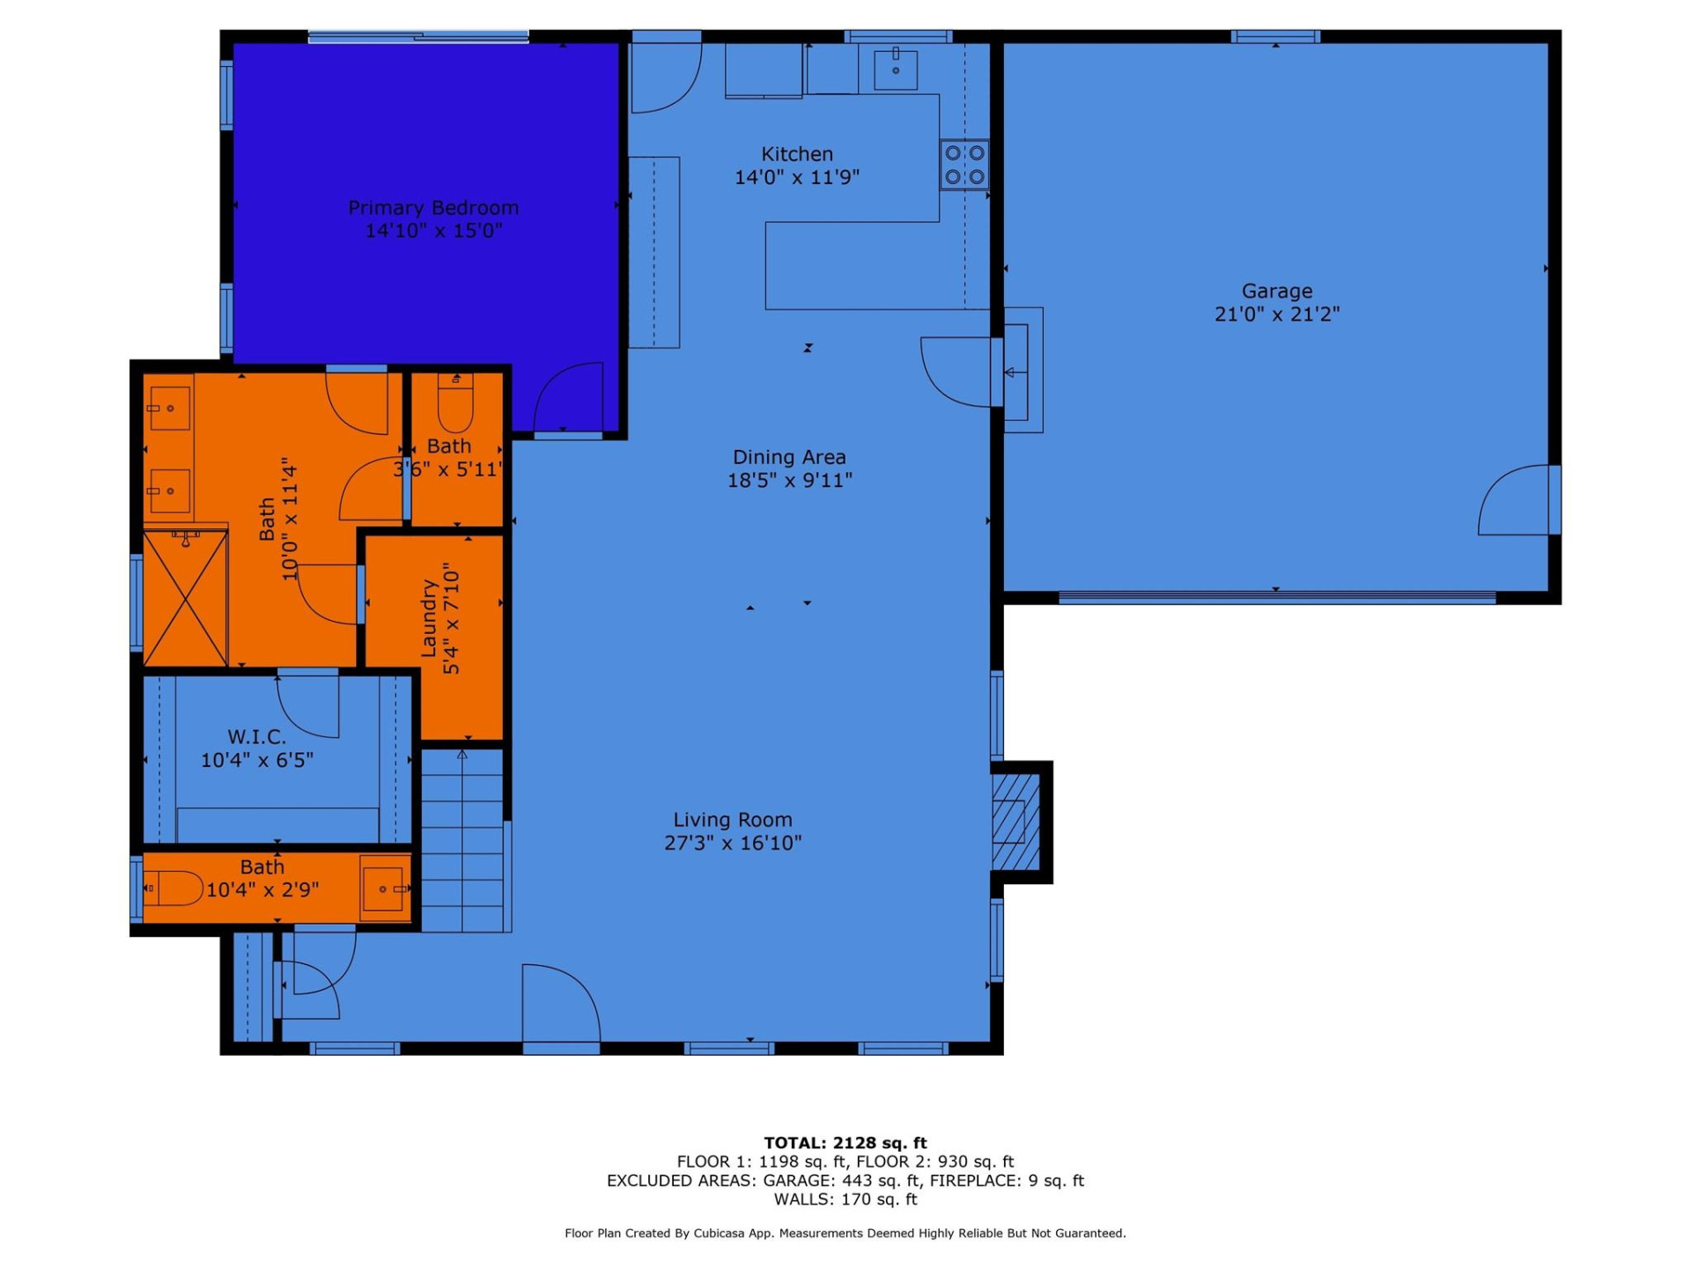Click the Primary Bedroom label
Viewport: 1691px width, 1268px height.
pyautogui.click(x=433, y=208)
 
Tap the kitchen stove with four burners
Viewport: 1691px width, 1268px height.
pyautogui.click(x=964, y=165)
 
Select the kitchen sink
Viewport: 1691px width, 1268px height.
pyautogui.click(x=896, y=70)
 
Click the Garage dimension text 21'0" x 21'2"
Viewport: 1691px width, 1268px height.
pyautogui.click(x=1276, y=314)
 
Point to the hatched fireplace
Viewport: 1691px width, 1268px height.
pyautogui.click(x=1015, y=822)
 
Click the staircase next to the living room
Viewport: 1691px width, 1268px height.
pyautogui.click(x=462, y=841)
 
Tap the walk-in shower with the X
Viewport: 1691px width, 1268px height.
pyautogui.click(x=185, y=599)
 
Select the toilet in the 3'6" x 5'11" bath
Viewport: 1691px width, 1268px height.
pyautogui.click(x=455, y=402)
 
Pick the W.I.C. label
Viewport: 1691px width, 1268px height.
pyautogui.click(x=256, y=737)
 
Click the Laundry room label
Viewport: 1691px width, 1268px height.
pyautogui.click(x=429, y=618)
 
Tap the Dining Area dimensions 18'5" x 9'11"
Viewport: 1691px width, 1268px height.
pyautogui.click(x=789, y=480)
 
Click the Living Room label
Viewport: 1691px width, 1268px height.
pyautogui.click(x=733, y=820)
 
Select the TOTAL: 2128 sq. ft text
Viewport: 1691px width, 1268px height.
pyautogui.click(x=845, y=1143)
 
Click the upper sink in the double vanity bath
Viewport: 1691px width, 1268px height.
pyautogui.click(x=169, y=409)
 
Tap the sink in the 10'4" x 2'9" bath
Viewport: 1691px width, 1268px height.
pyautogui.click(x=386, y=888)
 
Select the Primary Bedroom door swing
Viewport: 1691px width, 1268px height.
pyautogui.click(x=569, y=399)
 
